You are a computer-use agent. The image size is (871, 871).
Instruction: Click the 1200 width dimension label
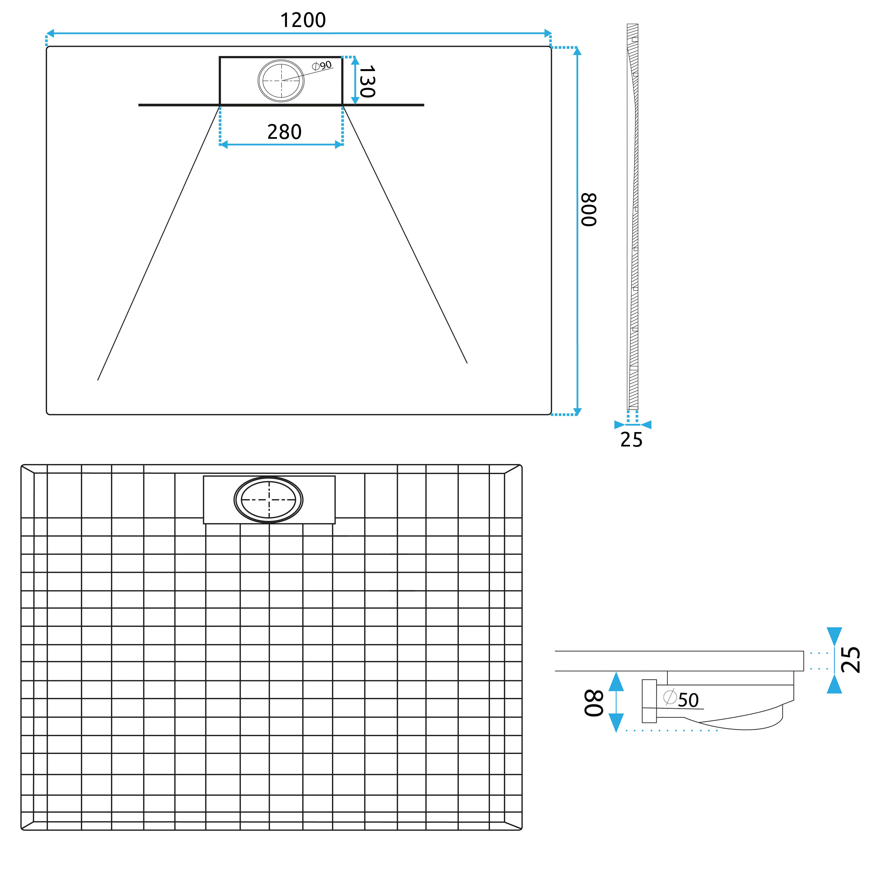coord(303,20)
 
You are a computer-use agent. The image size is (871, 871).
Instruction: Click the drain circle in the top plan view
coord(281,81)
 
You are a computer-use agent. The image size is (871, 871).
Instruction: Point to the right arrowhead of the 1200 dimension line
coord(548,33)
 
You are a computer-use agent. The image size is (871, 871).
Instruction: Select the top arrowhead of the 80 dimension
coord(616,682)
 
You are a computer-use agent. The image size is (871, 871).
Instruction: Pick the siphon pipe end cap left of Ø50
coord(649,701)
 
